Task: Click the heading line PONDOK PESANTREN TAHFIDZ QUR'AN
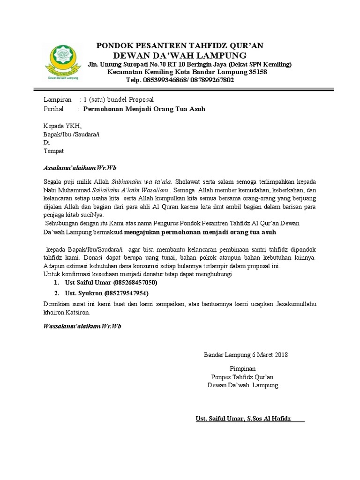coord(180,45)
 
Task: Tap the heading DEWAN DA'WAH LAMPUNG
coord(180,55)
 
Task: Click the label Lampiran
coord(58,100)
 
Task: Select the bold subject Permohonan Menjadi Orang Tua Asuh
coord(144,109)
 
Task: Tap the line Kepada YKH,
coord(62,126)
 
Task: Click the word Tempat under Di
coord(53,151)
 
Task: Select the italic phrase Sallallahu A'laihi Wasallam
coord(132,190)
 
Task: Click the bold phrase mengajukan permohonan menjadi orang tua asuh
coord(202,232)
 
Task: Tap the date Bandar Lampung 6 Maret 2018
coord(246,355)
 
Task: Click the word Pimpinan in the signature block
coord(242,369)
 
